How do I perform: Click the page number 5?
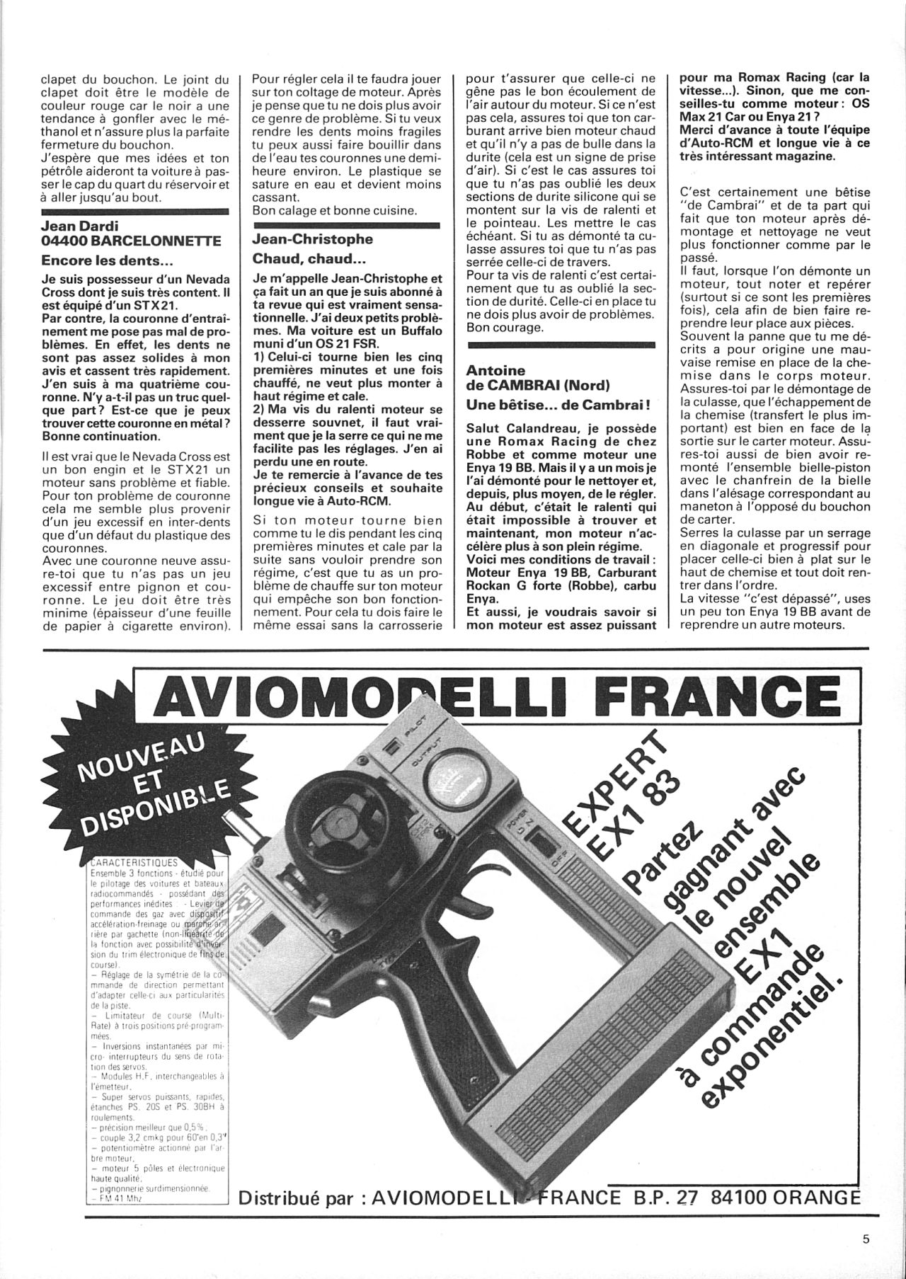(x=866, y=1238)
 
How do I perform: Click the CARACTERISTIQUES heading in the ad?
(x=134, y=863)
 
